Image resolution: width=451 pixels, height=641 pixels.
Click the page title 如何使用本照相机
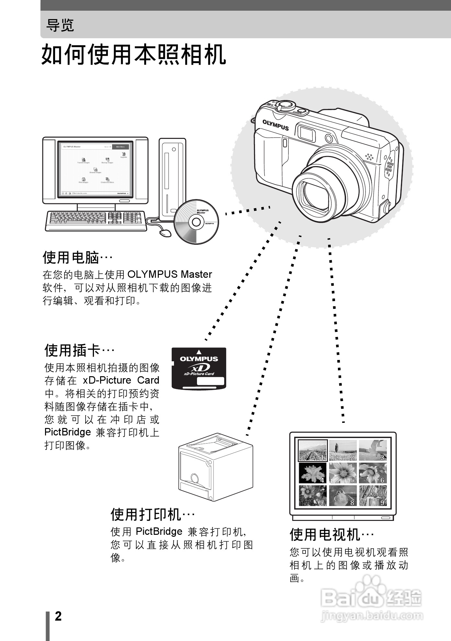pos(133,55)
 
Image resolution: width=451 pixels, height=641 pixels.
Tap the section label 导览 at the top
pos(60,25)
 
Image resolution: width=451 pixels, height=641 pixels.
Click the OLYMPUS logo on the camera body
pos(275,125)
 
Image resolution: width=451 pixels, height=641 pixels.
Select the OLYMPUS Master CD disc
pos(196,222)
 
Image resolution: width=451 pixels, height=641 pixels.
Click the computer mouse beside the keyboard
pos(165,233)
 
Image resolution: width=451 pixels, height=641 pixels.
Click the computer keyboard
pos(96,221)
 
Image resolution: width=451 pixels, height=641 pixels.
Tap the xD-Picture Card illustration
pos(199,368)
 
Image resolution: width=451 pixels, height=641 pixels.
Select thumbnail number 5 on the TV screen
pos(342,473)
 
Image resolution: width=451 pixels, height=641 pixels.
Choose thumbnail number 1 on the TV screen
pos(312,450)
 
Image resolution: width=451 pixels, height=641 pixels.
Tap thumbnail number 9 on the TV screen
pos(373,495)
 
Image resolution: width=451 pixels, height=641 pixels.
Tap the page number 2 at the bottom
pos(58,616)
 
